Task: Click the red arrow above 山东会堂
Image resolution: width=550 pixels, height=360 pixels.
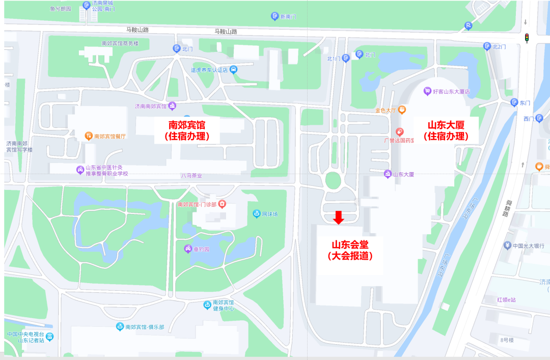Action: coord(339,217)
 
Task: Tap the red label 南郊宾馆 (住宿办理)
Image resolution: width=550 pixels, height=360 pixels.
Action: coord(187,130)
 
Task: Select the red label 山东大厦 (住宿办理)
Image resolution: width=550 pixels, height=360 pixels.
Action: coord(446,130)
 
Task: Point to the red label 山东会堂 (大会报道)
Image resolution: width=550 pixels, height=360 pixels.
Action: coord(350,250)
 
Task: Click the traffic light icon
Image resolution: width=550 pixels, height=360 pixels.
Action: coord(527,38)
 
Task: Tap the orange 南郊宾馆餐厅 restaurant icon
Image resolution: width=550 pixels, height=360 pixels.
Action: coord(89,135)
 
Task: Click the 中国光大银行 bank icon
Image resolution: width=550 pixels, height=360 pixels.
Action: coord(507,245)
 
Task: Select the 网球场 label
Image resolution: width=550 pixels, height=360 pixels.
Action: coord(269,214)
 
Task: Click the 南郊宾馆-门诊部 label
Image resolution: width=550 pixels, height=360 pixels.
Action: coord(197,204)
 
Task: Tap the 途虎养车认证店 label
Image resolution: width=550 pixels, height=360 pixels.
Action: coord(209,70)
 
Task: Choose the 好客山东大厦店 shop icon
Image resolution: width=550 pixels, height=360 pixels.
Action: coord(428,92)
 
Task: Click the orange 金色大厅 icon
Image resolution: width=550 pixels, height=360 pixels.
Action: coord(402,109)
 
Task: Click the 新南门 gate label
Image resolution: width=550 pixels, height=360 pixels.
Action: coord(288,16)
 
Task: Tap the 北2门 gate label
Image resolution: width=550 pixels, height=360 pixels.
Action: coord(499,46)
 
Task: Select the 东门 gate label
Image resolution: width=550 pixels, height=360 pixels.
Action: coord(525,103)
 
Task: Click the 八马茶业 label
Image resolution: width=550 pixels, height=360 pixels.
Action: coord(191,175)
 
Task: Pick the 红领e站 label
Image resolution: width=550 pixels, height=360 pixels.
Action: coord(506,299)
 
